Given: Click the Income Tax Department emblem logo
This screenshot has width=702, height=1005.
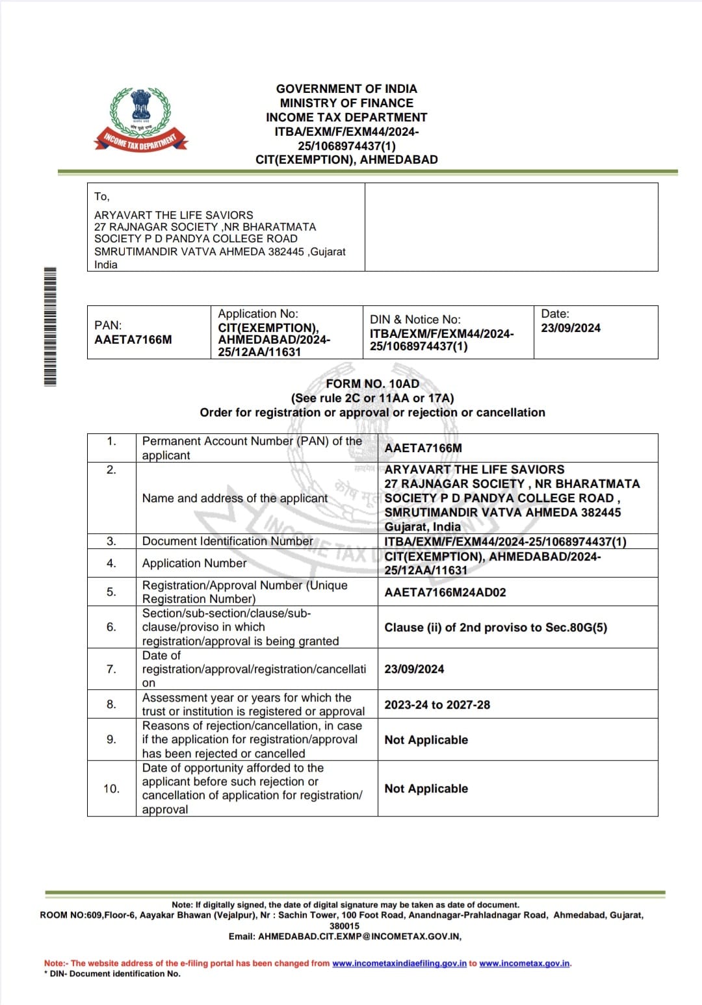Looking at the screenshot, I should [141, 119].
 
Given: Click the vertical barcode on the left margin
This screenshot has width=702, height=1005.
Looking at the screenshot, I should [50, 326].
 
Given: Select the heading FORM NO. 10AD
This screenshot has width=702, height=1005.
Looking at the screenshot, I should [372, 384].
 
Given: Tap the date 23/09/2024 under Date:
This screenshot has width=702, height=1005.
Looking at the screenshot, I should [571, 328].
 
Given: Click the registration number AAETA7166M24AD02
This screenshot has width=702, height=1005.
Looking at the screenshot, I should [445, 592].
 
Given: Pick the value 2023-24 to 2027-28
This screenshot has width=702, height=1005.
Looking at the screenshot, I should [437, 705].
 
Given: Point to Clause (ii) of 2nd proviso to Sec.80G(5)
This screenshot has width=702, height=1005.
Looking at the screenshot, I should [496, 628].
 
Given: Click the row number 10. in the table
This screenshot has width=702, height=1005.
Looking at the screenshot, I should [111, 789].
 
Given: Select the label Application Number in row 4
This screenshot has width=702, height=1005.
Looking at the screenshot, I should [194, 563].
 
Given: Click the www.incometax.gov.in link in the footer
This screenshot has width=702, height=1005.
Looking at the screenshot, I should [525, 963].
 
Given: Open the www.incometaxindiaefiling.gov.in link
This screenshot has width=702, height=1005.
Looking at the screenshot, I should [399, 963].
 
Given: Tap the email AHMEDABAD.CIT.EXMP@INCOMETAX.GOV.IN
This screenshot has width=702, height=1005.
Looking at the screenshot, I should [359, 936].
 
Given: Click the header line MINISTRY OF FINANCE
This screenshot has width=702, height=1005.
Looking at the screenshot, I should [346, 103].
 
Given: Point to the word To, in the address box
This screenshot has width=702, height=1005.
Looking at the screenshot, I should [102, 197].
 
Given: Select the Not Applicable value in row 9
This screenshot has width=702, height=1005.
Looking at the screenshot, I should [426, 740].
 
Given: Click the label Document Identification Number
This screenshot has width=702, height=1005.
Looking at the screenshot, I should [227, 541].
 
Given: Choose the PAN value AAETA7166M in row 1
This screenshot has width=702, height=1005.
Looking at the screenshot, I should [423, 448].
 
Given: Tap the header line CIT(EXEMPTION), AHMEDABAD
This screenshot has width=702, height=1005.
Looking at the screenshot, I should [346, 160].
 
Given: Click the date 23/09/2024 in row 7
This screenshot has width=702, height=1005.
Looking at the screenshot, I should [414, 669].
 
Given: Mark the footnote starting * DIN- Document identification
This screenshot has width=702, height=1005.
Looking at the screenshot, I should [112, 974].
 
